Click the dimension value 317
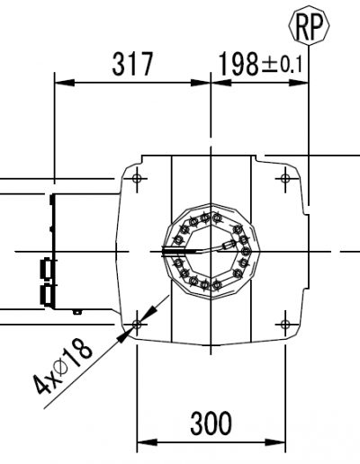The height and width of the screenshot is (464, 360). coord(132,64)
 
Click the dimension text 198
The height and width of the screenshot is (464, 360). coord(238,64)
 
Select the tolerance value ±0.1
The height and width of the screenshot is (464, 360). coord(282,65)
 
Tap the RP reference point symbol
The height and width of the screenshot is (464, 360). coord(309,26)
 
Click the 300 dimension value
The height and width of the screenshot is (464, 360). coord(211,424)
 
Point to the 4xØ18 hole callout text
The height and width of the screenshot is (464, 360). coord(62,367)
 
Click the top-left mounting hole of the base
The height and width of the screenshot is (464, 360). coord(137,179)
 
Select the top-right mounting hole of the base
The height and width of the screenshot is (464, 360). coord(285,179)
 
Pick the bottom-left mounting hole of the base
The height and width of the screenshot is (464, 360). coord(137,324)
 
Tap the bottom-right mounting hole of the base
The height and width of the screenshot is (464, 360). coord(285,324)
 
